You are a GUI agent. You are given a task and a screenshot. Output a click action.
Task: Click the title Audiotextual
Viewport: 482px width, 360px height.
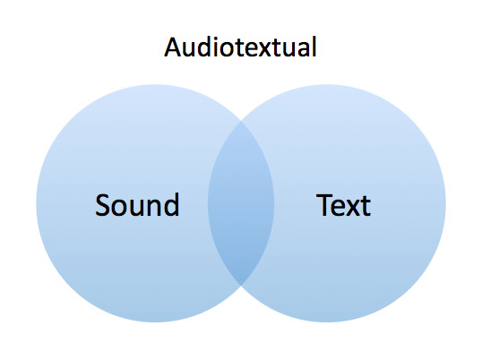pos(240,47)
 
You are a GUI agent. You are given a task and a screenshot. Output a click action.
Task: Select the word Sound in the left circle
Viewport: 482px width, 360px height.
pos(137,205)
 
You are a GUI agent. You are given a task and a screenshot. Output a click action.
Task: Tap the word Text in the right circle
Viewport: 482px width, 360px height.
pos(343,205)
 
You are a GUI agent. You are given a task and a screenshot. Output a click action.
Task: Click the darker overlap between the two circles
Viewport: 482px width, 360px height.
pos(241,203)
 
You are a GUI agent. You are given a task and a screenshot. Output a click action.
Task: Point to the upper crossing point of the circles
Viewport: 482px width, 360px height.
pos(241,121)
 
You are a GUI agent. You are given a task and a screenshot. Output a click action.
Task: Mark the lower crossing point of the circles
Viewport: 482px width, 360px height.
pos(241,285)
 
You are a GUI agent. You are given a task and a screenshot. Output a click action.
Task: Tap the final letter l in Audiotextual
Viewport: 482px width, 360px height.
pos(314,47)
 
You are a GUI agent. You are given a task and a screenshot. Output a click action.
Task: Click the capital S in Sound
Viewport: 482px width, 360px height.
pos(102,205)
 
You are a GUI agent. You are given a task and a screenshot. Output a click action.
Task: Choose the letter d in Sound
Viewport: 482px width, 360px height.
pos(171,205)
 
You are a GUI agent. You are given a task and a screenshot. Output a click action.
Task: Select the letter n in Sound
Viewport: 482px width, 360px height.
pos(154,208)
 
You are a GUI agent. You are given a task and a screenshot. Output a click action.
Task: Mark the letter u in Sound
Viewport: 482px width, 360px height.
pos(138,209)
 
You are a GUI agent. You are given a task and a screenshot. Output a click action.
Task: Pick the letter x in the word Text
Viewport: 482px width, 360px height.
pos(353,209)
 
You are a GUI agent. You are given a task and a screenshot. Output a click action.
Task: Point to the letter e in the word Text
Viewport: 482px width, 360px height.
pos(338,209)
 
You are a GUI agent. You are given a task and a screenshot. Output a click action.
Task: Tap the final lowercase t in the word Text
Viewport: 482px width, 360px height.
pos(366,206)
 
